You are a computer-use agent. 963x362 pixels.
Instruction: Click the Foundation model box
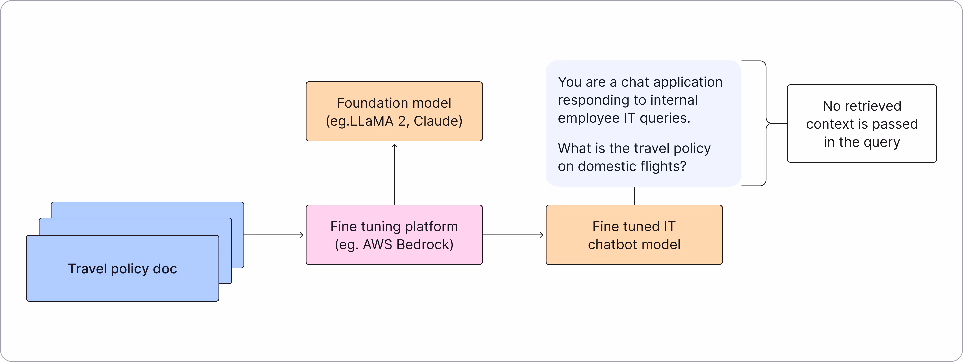coord(394,111)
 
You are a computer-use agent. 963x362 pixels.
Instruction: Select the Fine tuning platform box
coord(394,235)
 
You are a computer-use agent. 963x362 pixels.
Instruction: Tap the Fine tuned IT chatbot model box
coord(634,235)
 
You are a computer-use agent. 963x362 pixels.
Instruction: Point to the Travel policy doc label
coord(122,269)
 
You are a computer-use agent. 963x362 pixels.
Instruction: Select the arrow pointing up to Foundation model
coord(394,174)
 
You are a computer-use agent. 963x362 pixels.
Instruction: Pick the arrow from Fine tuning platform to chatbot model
coord(513,235)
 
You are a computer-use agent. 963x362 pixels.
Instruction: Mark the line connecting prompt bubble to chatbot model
coord(634,196)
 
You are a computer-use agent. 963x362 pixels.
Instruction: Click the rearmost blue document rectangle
coord(147,210)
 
